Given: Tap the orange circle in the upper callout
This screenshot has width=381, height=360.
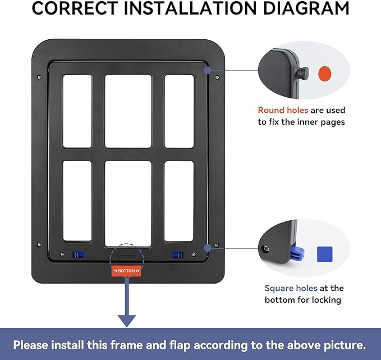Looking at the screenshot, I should pyautogui.click(x=325, y=74).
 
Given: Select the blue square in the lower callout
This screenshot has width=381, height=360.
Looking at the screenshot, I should pyautogui.click(x=324, y=254).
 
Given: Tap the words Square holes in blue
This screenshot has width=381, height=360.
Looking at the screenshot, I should pyautogui.click(x=291, y=288).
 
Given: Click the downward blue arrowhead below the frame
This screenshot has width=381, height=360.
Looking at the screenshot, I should pyautogui.click(x=127, y=321).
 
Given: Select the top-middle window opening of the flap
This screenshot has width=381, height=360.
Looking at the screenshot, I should pyautogui.click(x=128, y=111).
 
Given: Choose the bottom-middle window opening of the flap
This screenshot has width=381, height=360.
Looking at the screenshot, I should pyautogui.click(x=128, y=204).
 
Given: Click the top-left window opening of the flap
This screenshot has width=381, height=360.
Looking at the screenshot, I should pyautogui.click(x=77, y=111).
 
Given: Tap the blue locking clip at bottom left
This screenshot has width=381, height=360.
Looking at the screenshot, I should pyautogui.click(x=78, y=255).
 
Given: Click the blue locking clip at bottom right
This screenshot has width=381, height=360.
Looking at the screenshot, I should pyautogui.click(x=178, y=255).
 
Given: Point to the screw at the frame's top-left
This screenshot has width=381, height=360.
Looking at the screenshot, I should pyautogui.click(x=38, y=77).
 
